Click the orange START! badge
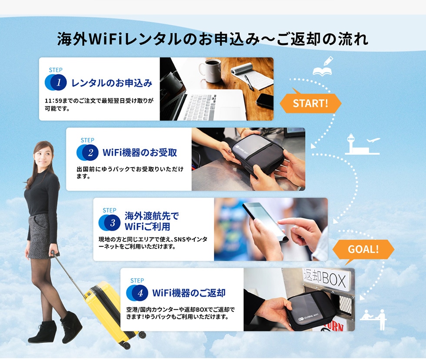click(310, 103)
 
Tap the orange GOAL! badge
click(363, 249)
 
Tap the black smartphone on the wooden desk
click(265, 101)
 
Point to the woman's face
click(43, 155)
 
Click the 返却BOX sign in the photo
click(325, 278)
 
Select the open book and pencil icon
click(323, 66)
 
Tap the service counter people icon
click(373, 320)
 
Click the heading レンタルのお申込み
click(112, 83)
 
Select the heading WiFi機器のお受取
click(140, 152)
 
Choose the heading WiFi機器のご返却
click(189, 293)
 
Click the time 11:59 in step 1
click(53, 101)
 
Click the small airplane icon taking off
click(373, 140)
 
